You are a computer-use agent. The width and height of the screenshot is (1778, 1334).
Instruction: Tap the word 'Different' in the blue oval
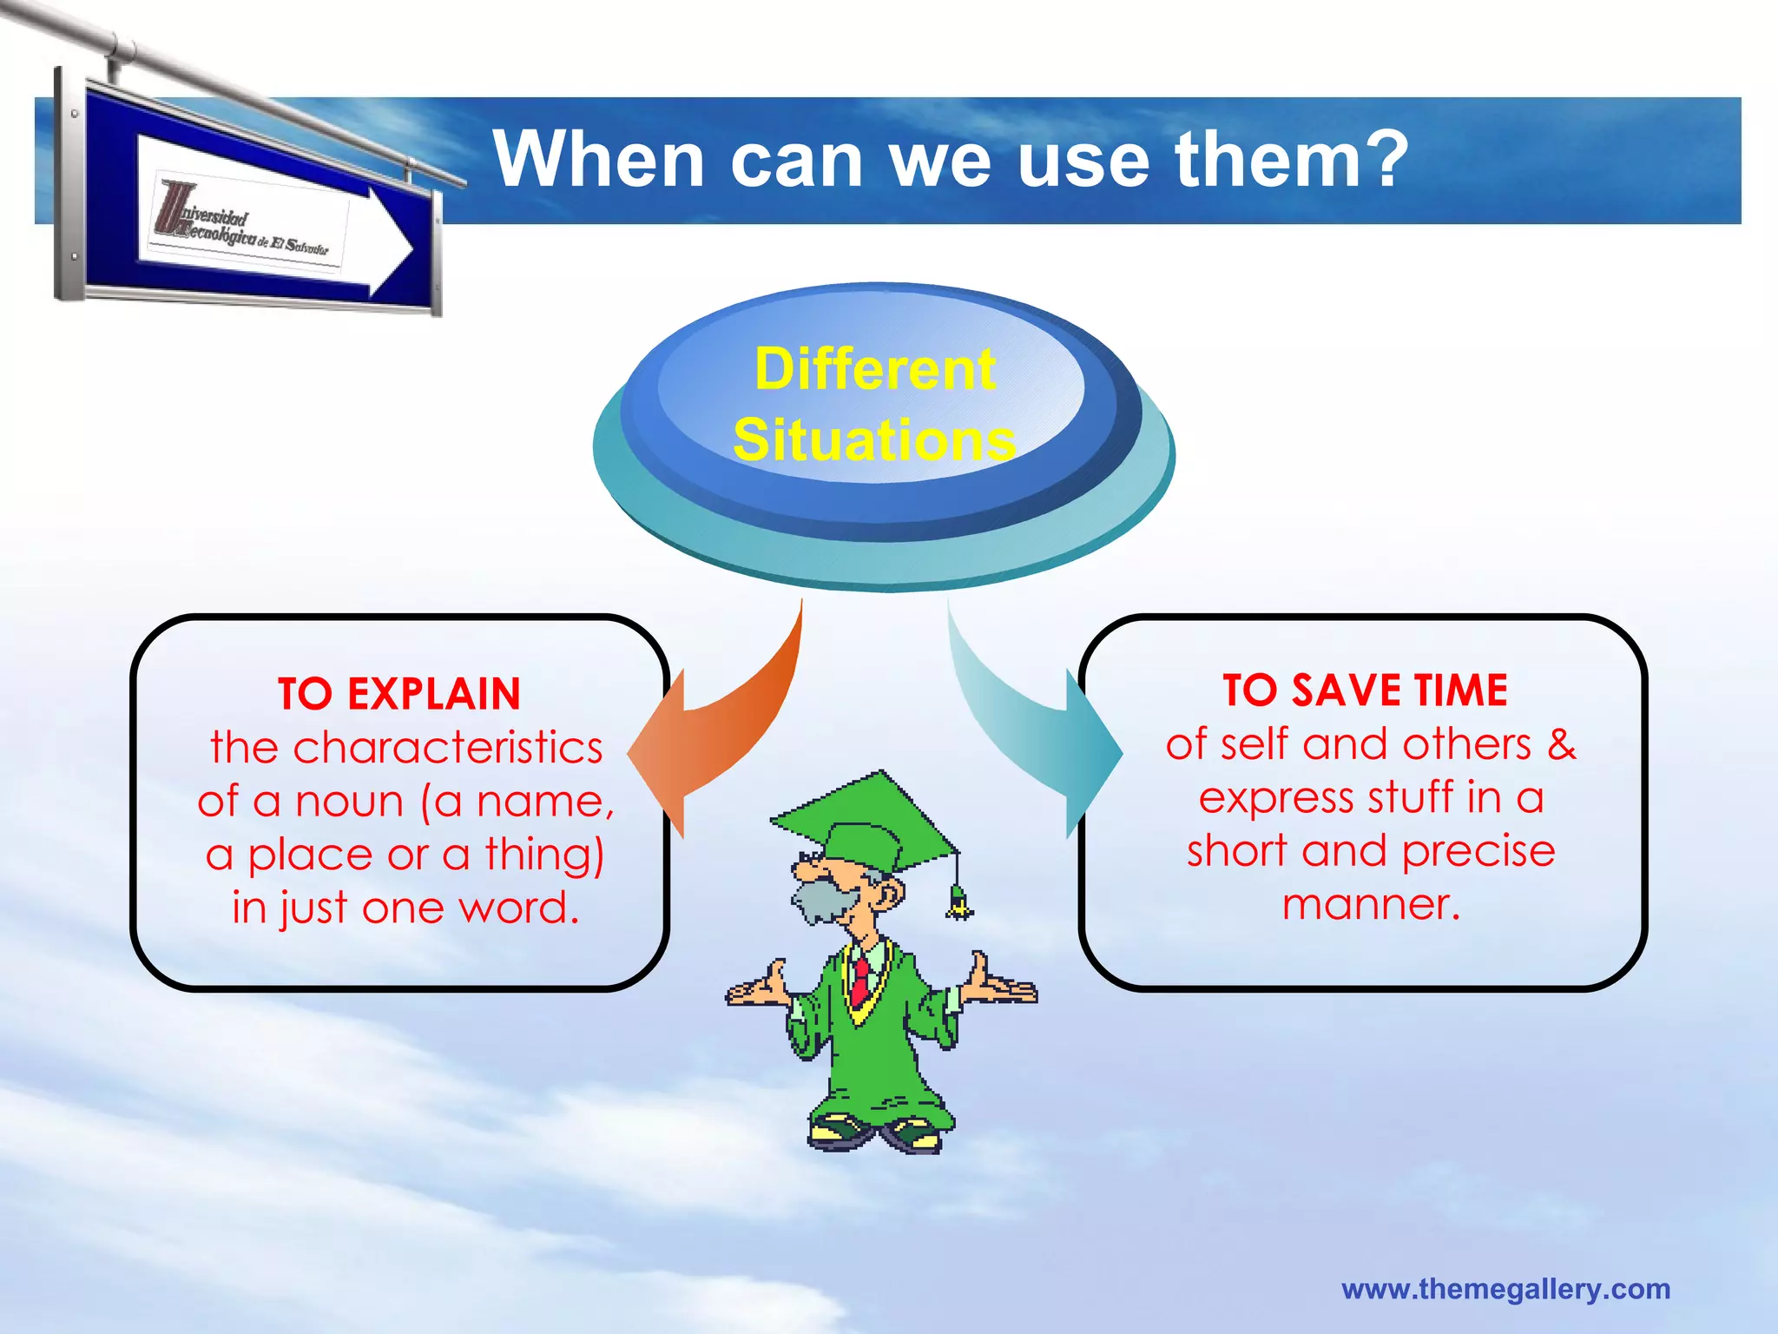[874, 369]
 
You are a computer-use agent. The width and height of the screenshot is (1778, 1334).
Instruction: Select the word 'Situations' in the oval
[874, 439]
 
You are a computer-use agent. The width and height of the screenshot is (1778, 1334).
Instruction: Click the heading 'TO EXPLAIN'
[399, 694]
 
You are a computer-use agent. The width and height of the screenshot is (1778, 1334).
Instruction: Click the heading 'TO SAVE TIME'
[1365, 690]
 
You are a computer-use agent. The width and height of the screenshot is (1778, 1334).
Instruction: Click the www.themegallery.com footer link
[1505, 1289]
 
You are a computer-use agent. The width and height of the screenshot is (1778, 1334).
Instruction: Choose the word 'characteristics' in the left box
[448, 748]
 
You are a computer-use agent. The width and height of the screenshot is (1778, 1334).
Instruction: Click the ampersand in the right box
[1561, 744]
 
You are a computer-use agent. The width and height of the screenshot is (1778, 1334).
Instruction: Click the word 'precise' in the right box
[1478, 851]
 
